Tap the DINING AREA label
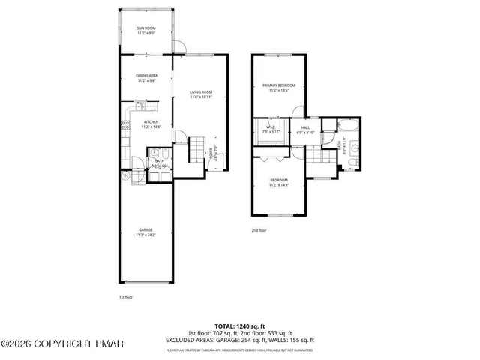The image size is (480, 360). point(146,76)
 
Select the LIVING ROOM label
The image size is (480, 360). point(201,92)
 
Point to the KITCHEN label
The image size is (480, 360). point(151,122)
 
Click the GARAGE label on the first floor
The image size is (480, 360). point(145,231)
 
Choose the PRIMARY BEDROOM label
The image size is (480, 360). point(278,86)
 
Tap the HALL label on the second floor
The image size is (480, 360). point(306,128)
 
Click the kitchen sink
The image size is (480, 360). point(141,106)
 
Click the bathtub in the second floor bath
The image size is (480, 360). point(349,124)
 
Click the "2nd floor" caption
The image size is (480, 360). point(259,230)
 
